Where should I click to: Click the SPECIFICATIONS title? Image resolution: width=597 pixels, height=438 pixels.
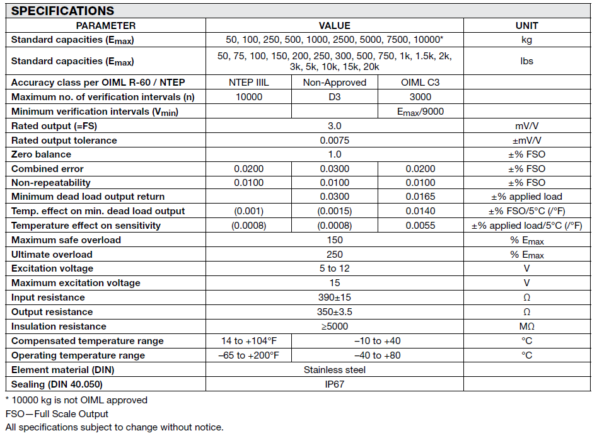click(x=63, y=11)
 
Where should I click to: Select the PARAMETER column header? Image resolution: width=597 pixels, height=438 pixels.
click(x=105, y=26)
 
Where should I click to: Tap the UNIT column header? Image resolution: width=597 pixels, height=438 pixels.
click(x=526, y=26)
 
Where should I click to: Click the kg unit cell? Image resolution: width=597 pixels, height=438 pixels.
click(x=526, y=40)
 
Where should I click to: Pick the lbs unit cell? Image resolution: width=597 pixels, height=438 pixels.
click(x=526, y=61)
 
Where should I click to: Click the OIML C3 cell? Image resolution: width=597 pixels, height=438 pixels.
click(x=420, y=83)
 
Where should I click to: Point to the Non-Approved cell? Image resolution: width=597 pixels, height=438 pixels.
click(x=335, y=83)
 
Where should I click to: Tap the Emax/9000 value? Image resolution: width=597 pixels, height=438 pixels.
click(x=420, y=112)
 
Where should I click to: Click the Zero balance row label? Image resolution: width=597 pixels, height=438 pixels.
click(x=42, y=154)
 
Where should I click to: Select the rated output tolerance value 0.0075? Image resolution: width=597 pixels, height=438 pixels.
click(x=335, y=141)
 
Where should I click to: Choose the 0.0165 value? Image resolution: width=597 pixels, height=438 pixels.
click(x=420, y=197)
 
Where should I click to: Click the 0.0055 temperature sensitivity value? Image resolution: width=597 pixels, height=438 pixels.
click(x=420, y=226)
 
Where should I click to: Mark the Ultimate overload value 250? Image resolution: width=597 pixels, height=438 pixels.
click(x=335, y=255)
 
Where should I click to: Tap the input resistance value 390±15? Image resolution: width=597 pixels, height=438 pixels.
click(x=335, y=297)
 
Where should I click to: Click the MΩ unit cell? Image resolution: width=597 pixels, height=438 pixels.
click(x=526, y=326)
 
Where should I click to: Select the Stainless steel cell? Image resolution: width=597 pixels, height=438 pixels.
click(x=335, y=370)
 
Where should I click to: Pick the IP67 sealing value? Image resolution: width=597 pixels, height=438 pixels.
click(x=335, y=384)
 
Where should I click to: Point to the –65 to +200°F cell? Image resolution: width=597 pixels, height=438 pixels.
click(x=249, y=355)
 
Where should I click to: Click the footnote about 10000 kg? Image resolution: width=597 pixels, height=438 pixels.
click(x=76, y=400)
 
